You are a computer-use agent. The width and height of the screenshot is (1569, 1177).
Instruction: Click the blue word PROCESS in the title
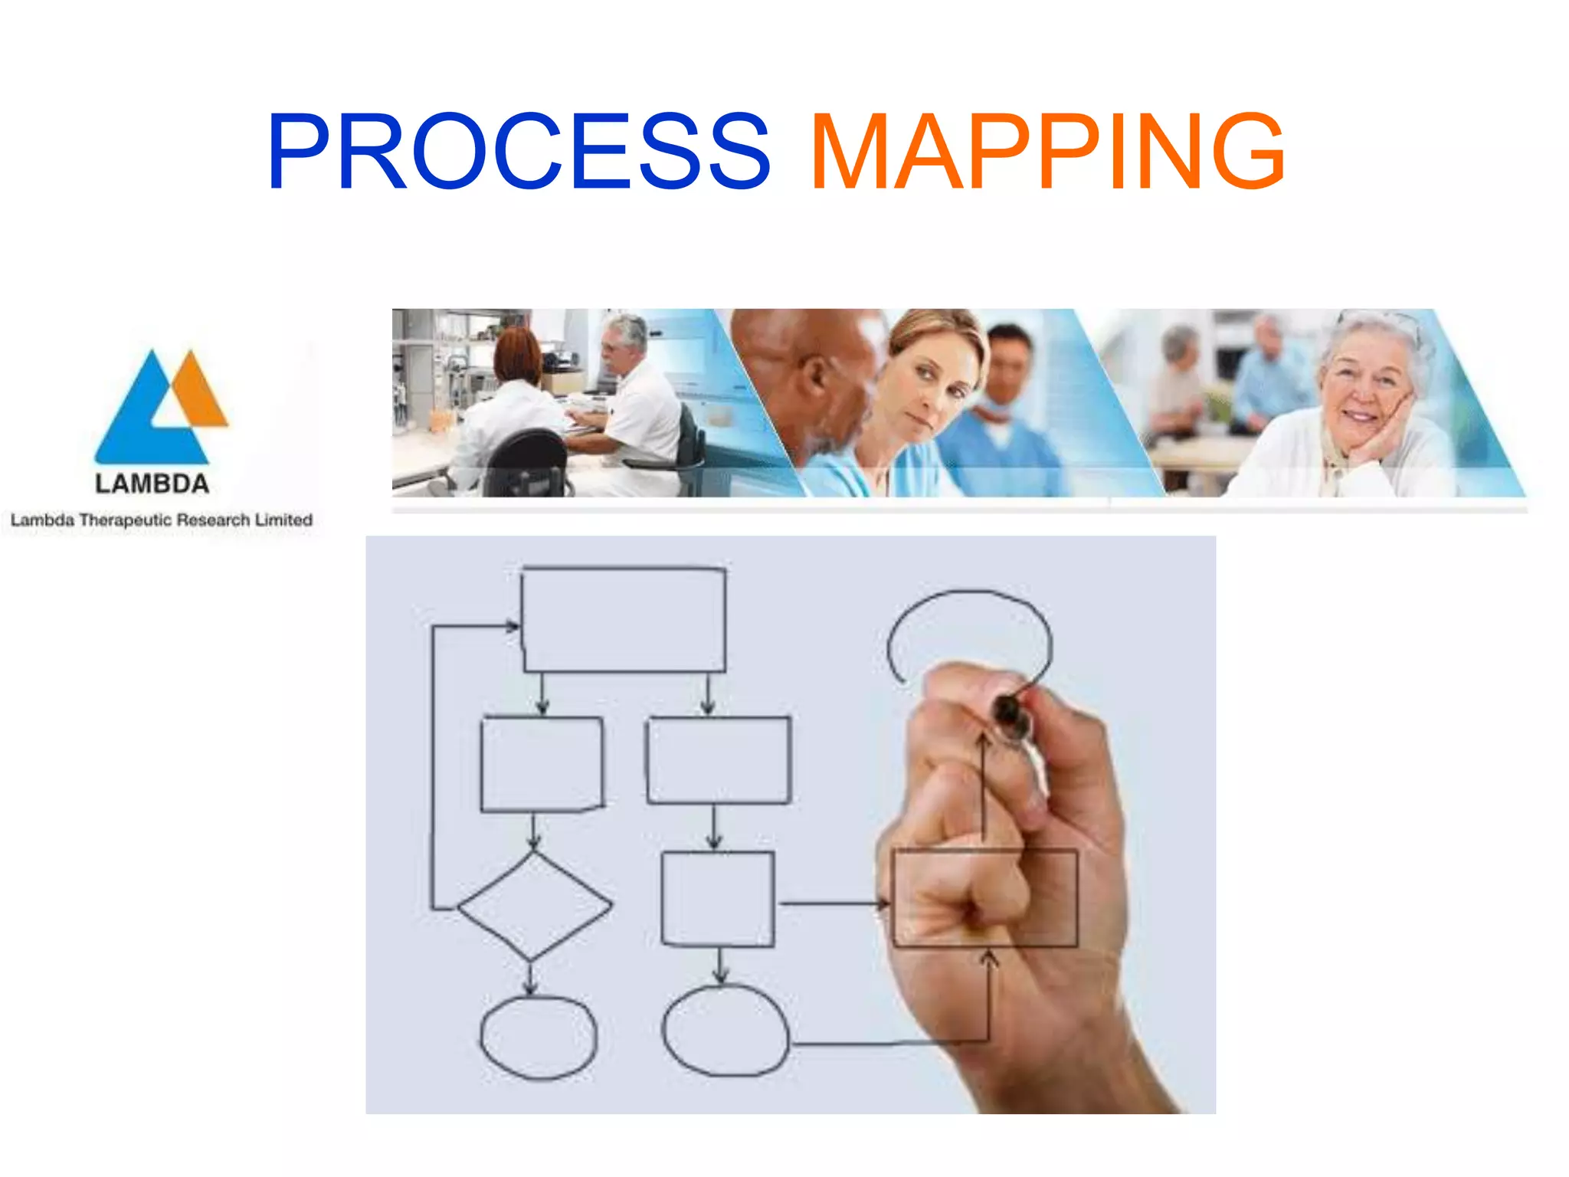518,151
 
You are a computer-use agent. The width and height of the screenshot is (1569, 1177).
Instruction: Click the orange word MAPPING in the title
1047,151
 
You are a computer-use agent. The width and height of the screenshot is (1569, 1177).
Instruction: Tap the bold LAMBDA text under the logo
152,484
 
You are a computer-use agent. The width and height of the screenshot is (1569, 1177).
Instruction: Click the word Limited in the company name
283,520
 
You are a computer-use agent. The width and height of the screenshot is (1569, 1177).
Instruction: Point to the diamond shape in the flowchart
534,906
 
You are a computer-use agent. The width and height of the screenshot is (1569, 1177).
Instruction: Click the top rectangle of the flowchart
623,619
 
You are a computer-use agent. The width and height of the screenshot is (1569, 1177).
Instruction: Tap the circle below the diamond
538,1038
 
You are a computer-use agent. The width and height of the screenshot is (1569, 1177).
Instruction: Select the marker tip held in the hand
1010,715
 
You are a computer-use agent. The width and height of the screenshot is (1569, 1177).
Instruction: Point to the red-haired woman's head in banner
517,353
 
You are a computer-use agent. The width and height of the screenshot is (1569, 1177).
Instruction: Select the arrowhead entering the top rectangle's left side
512,626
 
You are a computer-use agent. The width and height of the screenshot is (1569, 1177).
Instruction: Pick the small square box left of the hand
717,899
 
